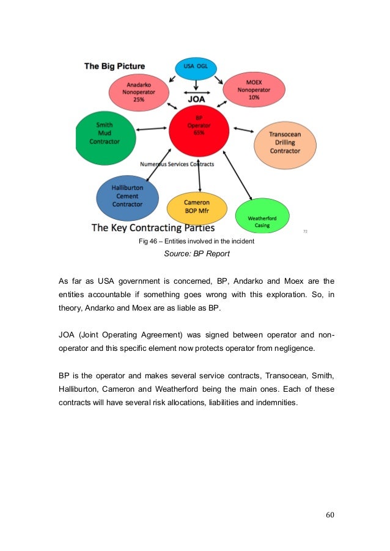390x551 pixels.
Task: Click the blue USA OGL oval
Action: point(196,68)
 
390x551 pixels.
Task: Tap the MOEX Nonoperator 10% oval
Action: point(254,89)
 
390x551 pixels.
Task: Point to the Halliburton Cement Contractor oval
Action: point(127,196)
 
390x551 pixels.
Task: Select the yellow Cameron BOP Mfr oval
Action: point(197,209)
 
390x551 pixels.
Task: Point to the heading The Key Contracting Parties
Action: point(153,228)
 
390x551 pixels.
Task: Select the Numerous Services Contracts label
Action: point(177,164)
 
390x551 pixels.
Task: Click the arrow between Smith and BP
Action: point(152,129)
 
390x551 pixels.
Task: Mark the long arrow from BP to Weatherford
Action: point(238,176)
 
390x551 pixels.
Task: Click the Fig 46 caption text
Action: point(196,241)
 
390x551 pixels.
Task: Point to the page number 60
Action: point(330,514)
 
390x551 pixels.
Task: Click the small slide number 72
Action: point(305,231)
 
